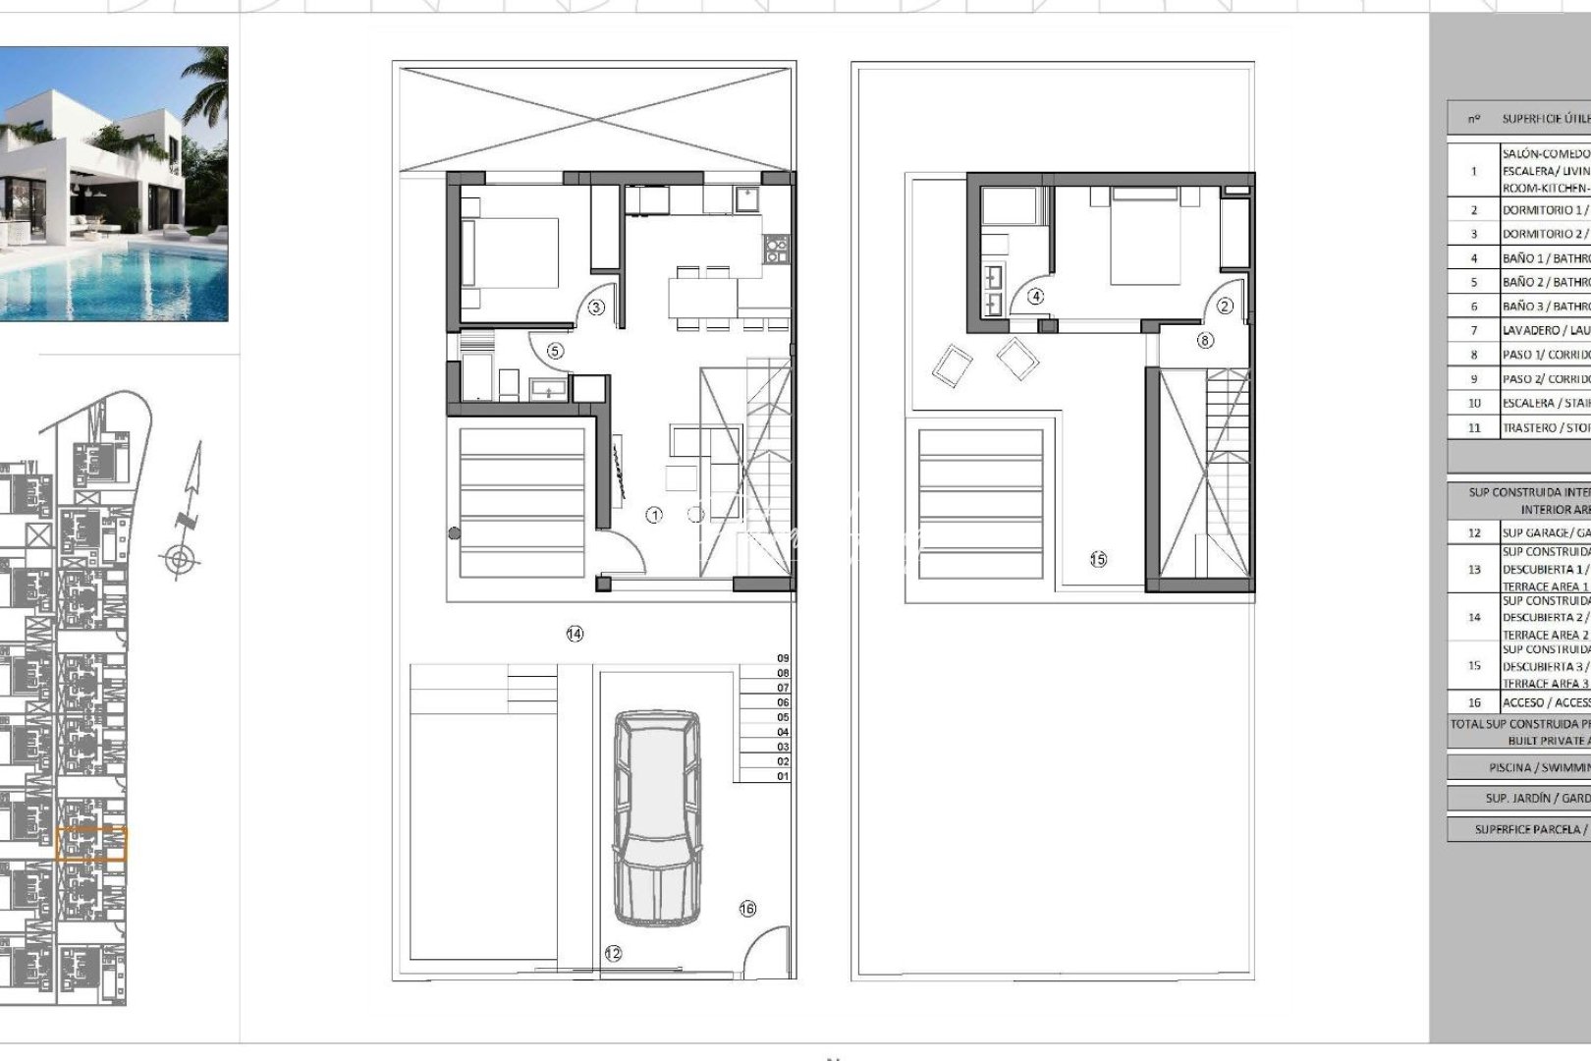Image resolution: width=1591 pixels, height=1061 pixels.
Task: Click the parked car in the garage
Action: point(657,817)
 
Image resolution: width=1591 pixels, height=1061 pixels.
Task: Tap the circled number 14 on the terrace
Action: point(575,635)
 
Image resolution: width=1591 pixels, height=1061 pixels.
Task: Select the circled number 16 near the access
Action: point(747,909)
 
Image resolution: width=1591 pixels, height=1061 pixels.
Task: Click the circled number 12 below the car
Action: point(613,953)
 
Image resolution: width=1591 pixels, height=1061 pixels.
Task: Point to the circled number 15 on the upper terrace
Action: point(1098,559)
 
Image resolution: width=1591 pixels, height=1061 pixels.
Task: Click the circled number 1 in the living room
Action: point(654,515)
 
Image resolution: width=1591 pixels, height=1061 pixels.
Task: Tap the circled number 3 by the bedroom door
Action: point(596,307)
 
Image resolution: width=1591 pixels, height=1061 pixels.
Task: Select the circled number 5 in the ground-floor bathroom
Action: point(555,351)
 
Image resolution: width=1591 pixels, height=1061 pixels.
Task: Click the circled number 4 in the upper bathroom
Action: point(1035,296)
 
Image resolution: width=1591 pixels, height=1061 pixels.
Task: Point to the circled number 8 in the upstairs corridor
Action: point(1205,340)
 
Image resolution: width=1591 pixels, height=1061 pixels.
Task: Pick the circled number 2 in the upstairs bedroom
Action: point(1225,307)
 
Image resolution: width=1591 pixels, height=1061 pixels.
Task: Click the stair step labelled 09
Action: point(783,658)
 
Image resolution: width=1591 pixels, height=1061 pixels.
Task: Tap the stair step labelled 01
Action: point(783,776)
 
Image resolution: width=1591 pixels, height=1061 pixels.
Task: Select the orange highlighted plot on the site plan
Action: point(91,844)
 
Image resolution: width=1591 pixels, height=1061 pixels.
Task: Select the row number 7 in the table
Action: point(1473,331)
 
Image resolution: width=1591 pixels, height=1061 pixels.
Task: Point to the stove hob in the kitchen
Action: point(777,249)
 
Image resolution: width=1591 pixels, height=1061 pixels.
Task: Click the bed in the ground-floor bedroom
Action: point(510,253)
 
